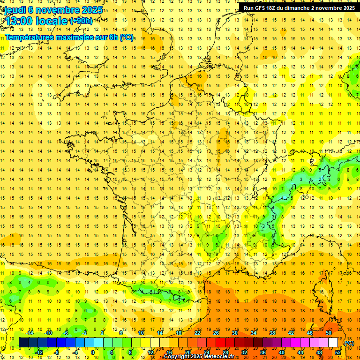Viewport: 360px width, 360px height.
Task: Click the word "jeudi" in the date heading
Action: (14, 10)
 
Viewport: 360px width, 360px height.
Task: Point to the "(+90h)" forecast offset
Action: (80, 21)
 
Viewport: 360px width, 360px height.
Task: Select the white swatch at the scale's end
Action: (333, 343)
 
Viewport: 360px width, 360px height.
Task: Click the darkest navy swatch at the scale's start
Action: (23, 343)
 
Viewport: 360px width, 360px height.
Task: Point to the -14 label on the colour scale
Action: (30, 333)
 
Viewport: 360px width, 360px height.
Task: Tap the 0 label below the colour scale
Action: (93, 352)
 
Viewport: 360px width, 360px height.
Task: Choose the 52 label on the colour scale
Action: (337, 352)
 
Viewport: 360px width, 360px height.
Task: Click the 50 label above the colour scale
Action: (328, 333)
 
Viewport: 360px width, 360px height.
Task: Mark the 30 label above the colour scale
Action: (235, 333)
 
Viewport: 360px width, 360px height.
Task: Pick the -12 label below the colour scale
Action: (39, 352)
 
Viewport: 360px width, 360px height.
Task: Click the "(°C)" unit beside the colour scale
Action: (349, 343)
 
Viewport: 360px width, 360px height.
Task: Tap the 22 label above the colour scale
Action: (197, 333)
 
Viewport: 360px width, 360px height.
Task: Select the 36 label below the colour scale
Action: (262, 352)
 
